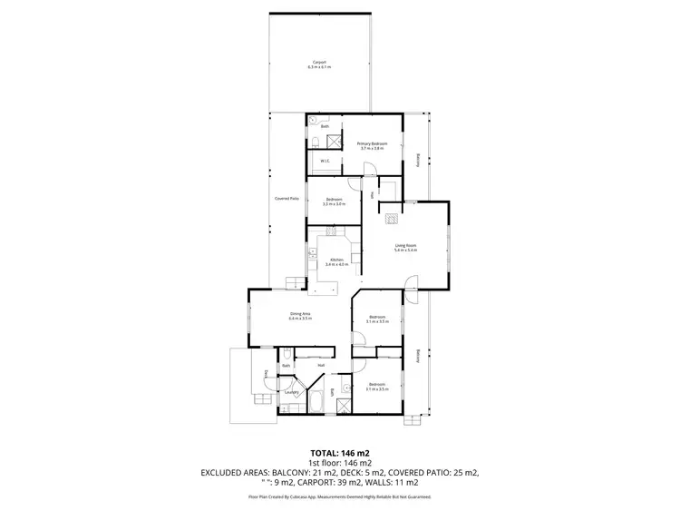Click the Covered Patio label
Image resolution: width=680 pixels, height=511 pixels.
coord(287,199)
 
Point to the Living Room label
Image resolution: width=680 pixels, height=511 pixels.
coord(404,246)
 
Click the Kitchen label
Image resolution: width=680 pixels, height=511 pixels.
coord(336,260)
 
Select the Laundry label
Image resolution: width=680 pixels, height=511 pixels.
coord(292,392)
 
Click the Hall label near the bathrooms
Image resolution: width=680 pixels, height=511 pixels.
coord(321,365)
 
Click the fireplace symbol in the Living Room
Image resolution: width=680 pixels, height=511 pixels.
coord(392,218)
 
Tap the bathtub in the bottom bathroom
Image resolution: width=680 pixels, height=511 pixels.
coord(316,400)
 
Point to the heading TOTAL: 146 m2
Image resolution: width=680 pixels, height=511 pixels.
coord(339,451)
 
